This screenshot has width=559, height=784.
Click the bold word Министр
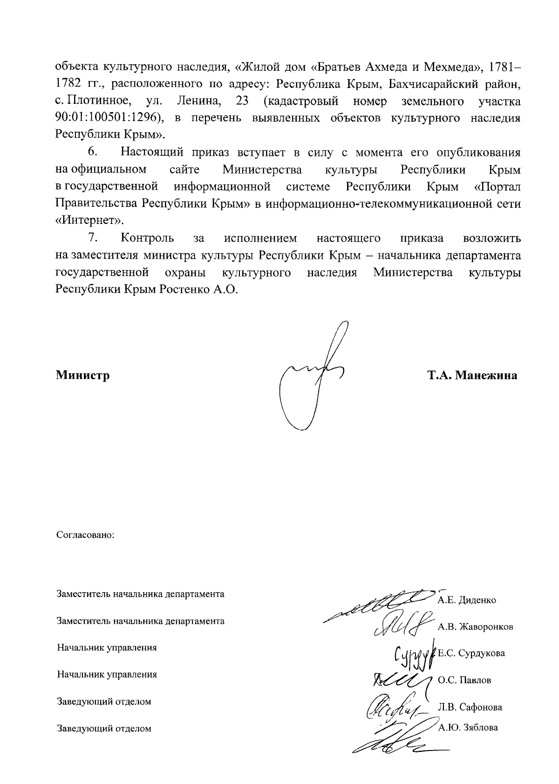click(x=82, y=375)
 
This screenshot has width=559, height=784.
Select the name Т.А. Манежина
click(x=472, y=375)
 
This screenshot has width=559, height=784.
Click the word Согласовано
click(x=85, y=535)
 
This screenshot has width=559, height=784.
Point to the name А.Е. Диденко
click(x=466, y=600)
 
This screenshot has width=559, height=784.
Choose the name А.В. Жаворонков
click(x=475, y=627)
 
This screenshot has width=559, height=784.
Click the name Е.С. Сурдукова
click(x=471, y=653)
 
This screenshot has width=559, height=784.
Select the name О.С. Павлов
click(x=464, y=680)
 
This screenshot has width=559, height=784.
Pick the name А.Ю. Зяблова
click(x=468, y=727)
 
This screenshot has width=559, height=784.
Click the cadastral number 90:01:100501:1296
click(x=109, y=118)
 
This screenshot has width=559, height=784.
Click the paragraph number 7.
click(x=92, y=238)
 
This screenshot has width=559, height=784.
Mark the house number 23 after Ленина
click(x=243, y=101)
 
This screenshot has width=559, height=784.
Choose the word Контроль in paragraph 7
click(x=147, y=238)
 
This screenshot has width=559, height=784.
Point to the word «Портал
click(x=497, y=187)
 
